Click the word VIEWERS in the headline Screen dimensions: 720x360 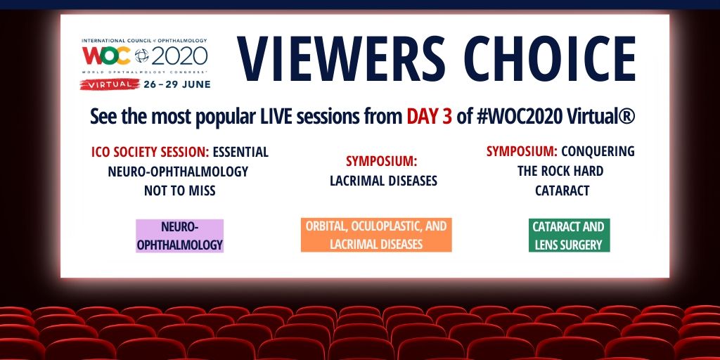coord(341,59)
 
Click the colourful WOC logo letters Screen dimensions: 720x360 coord(107,56)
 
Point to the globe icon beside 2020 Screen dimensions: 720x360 coord(141,56)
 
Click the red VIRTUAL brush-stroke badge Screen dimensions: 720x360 coord(110,84)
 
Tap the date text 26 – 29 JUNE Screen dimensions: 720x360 coord(176,84)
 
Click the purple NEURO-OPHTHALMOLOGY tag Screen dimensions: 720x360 coord(179,236)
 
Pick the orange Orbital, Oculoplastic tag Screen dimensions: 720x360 coord(376,235)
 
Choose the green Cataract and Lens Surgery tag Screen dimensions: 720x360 coord(569,235)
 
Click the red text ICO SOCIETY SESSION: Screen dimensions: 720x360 coord(150,152)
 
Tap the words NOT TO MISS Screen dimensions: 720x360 coord(179,191)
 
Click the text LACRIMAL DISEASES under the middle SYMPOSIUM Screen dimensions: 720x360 coord(383,181)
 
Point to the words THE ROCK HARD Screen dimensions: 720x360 coord(560,172)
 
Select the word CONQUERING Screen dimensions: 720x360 coord(598,151)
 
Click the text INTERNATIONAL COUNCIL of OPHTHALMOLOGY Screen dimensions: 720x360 coord(144,40)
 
